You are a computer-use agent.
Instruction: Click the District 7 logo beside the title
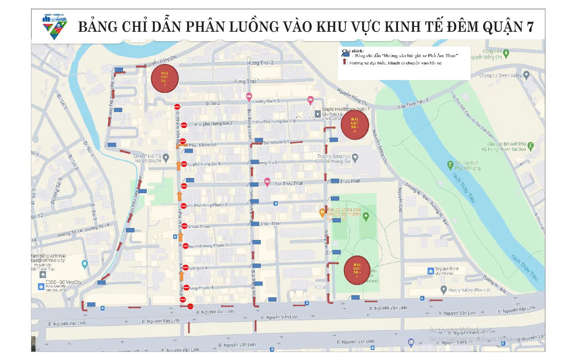click(x=55, y=26)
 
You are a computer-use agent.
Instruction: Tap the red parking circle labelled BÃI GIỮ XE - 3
click(x=164, y=78)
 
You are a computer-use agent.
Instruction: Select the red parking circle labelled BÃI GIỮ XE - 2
click(x=354, y=125)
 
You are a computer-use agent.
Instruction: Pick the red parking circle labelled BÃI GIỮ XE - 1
click(x=357, y=270)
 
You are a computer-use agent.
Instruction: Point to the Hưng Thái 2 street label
click(x=260, y=63)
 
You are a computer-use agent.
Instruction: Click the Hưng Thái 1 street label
click(x=246, y=81)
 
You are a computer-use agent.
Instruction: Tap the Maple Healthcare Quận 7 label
click(x=346, y=109)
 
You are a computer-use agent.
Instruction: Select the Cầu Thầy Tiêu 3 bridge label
click(x=413, y=104)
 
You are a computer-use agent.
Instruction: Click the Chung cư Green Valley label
click(x=500, y=75)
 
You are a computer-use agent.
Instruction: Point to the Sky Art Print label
click(x=446, y=269)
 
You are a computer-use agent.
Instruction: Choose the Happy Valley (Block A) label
click(x=469, y=290)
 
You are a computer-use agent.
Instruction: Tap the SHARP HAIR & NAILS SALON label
click(x=148, y=158)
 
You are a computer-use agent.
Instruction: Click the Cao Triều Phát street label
click(x=288, y=184)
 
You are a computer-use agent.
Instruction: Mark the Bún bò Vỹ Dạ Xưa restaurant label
click(x=344, y=212)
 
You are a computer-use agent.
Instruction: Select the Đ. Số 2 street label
click(x=213, y=103)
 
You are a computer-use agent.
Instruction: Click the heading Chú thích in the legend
click(x=353, y=51)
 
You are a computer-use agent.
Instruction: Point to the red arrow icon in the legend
click(x=344, y=62)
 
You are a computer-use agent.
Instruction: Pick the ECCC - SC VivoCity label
click(x=63, y=282)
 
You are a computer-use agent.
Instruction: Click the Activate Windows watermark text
click(x=461, y=330)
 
